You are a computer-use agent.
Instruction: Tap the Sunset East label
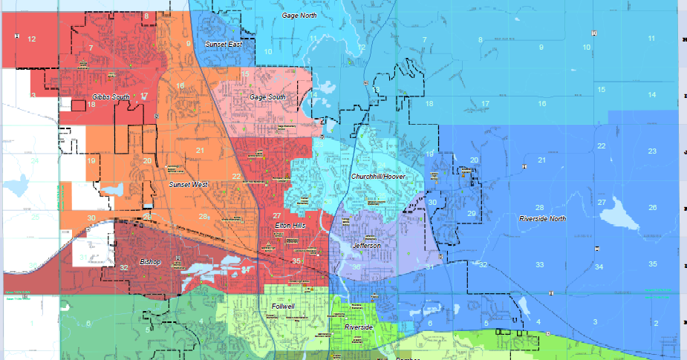(x=224, y=45)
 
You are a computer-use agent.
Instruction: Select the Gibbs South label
(x=110, y=97)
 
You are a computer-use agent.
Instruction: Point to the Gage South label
(x=267, y=97)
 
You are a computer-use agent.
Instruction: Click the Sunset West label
(x=188, y=184)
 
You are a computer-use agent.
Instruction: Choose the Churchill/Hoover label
(x=378, y=177)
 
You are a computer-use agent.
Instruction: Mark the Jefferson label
(x=366, y=246)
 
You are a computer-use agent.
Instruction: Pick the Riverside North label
(x=542, y=219)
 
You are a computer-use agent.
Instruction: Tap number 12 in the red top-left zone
(x=31, y=39)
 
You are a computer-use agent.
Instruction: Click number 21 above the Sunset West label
(x=200, y=151)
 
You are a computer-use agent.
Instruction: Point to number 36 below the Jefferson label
(x=356, y=267)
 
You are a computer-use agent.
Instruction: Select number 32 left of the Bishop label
(x=123, y=267)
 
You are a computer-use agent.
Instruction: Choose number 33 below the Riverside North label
(x=540, y=265)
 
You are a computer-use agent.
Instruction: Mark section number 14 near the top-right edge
(x=651, y=95)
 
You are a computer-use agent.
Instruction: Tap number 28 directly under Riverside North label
(x=540, y=208)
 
